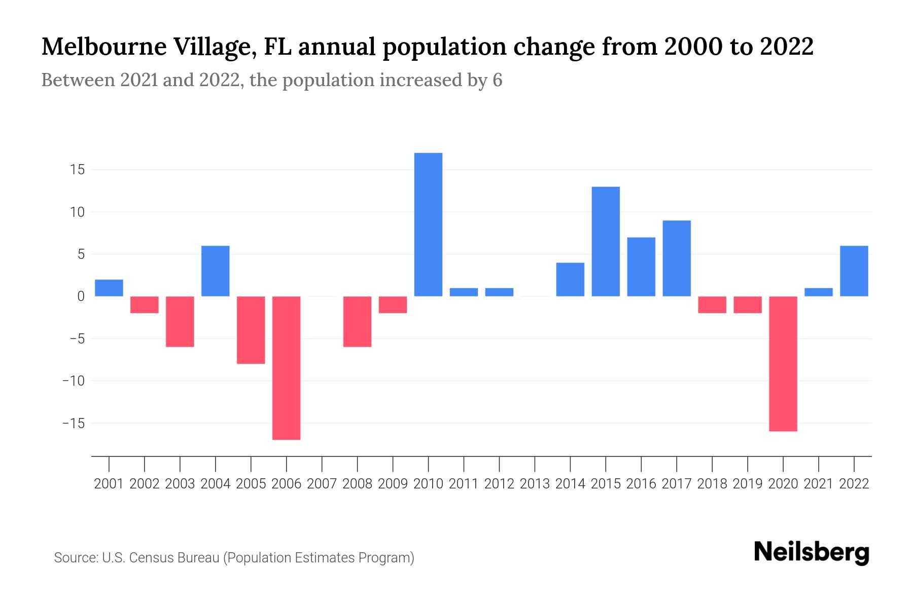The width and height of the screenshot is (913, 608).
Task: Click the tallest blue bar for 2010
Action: (x=428, y=224)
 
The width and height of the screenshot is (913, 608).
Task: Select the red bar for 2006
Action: (x=286, y=368)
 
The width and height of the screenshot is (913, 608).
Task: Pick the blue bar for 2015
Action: (x=606, y=242)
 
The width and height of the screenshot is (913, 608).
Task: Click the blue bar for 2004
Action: (x=216, y=271)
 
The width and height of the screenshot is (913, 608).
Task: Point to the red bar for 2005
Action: (x=251, y=330)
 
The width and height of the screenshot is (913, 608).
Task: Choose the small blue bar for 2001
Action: (x=109, y=288)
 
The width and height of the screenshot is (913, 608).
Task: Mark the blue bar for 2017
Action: (x=677, y=258)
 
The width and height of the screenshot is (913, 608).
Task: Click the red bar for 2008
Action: (x=357, y=322)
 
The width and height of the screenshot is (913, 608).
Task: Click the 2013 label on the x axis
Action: (x=535, y=484)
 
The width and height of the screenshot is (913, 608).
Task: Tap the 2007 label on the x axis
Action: (x=322, y=484)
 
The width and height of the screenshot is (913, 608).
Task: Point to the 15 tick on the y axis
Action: (x=77, y=170)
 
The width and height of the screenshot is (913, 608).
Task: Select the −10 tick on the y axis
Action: (x=74, y=381)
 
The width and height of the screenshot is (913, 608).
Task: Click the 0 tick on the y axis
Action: (x=81, y=296)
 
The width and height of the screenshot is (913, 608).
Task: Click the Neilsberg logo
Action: (x=812, y=553)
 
